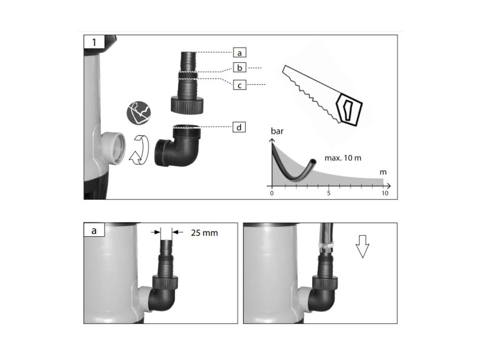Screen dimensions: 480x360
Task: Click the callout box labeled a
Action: [x=239, y=53]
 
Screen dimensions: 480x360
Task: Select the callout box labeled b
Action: [x=239, y=67]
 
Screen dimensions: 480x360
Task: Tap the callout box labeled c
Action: [x=239, y=85]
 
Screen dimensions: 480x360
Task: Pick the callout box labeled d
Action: [x=239, y=127]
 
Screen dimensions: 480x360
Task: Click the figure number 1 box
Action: [x=94, y=42]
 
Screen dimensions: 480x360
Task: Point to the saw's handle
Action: [x=349, y=109]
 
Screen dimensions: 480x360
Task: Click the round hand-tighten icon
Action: [x=139, y=113]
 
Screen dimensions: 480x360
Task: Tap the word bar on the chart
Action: [x=277, y=131]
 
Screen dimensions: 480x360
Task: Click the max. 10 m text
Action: [x=343, y=158]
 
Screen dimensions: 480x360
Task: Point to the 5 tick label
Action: [x=329, y=193]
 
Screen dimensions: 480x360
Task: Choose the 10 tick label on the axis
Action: [x=385, y=193]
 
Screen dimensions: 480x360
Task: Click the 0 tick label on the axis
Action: [x=272, y=193]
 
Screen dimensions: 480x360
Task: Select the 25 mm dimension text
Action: [x=204, y=233]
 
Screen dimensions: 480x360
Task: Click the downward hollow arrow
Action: [x=363, y=246]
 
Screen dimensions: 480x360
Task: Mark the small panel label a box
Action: [x=94, y=230]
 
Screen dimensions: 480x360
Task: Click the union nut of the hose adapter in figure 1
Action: [x=187, y=105]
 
